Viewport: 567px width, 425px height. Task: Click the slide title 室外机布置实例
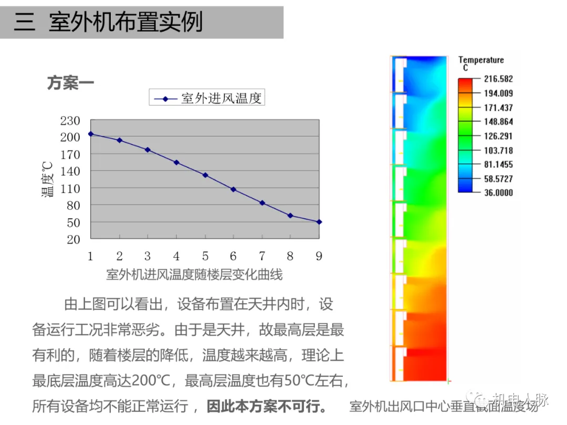coord(125,23)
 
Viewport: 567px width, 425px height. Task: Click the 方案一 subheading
coord(70,83)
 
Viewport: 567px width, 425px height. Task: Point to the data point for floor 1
coord(90,134)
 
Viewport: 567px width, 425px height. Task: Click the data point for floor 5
coord(205,175)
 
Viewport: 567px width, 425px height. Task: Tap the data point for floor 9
coord(319,221)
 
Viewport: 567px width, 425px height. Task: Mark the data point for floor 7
coord(262,203)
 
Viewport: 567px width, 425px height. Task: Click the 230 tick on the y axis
coord(70,121)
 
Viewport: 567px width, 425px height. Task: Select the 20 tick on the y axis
coord(73,239)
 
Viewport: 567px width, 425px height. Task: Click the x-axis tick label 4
coord(176,256)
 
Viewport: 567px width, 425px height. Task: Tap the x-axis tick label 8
coord(290,256)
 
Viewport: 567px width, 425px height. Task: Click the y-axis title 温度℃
coord(48,179)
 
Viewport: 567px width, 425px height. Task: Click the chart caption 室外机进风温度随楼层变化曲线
coord(194,274)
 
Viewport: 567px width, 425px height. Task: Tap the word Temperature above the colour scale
coord(481,60)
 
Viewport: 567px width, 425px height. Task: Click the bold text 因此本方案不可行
coord(267,406)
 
